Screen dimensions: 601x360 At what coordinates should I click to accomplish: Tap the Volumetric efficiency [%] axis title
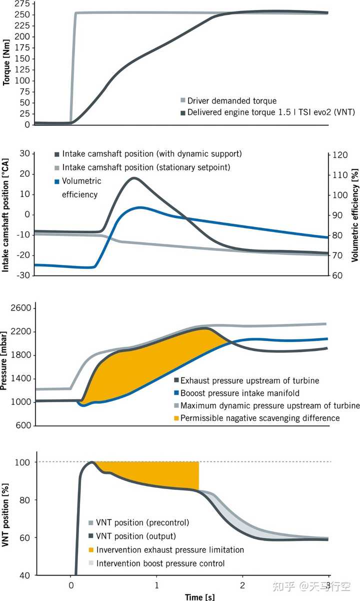pos(354,215)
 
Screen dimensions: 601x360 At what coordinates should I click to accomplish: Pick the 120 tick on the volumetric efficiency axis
pos(341,155)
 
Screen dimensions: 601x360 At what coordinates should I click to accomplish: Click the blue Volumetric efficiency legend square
pos(57,181)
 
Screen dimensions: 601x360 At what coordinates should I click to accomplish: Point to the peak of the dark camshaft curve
pos(134,178)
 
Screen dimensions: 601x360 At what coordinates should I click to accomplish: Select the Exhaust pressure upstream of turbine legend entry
pos(249,380)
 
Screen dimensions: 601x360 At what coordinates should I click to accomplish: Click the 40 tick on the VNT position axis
pos(24,575)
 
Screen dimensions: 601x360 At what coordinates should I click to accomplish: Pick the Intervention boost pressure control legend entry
pos(160,563)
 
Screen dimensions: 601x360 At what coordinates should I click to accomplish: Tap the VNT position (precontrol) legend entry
pos(143,523)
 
